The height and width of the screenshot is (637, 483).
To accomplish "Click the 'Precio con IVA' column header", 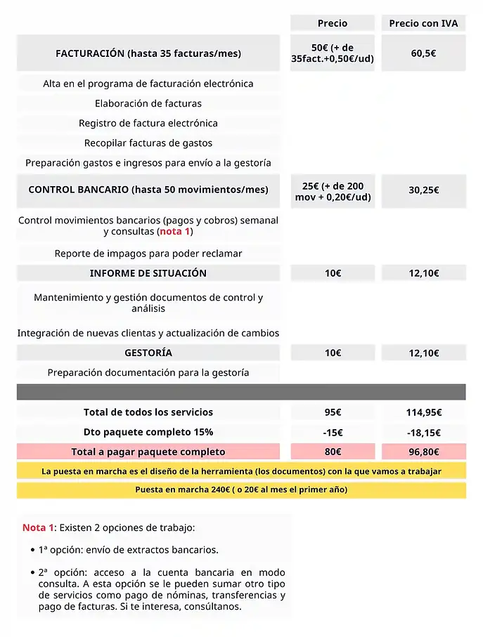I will tap(423, 23).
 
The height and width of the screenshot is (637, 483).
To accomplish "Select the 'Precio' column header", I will tap(332, 23).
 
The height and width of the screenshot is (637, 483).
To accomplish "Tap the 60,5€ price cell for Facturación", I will tap(423, 53).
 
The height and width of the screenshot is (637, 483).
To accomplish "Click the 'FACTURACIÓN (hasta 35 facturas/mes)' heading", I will tap(148, 53).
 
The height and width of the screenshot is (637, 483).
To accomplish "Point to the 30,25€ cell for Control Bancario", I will tap(423, 190).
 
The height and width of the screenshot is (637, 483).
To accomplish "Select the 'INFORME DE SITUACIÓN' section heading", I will tap(148, 273).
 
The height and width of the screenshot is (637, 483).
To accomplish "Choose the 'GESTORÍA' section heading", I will tap(148, 353).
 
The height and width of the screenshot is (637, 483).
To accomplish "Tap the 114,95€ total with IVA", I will tap(423, 412).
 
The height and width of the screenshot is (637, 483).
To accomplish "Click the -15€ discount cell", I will tap(332, 432).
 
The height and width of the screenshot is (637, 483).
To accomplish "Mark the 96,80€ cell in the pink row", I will tap(423, 452).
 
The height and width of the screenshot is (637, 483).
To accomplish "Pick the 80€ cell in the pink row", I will tap(332, 452).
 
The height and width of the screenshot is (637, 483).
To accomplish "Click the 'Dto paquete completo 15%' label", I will tap(148, 432).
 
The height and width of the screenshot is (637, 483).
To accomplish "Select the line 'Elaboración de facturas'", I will tap(148, 103).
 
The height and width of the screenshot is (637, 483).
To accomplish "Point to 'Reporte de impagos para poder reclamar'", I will tap(148, 253).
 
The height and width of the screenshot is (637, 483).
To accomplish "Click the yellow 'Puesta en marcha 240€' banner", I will tap(241, 490).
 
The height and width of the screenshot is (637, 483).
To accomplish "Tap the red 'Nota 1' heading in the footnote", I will tap(38, 527).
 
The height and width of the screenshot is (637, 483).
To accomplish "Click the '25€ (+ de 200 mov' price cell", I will tap(332, 191).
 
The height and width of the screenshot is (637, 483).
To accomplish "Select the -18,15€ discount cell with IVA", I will tap(423, 432).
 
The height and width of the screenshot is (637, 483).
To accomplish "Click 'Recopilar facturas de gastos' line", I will tap(148, 143).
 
